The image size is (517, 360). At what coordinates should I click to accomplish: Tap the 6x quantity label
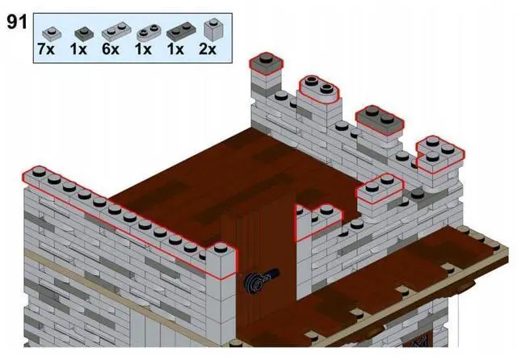(x=111, y=49)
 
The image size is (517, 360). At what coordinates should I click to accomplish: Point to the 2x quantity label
(x=208, y=49)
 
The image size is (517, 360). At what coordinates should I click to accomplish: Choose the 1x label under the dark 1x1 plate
(x=79, y=49)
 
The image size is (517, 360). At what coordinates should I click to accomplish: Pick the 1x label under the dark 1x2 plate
(x=176, y=49)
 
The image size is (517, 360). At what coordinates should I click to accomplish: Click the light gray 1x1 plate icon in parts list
(x=49, y=32)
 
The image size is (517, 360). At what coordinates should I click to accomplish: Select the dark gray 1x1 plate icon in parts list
(x=81, y=32)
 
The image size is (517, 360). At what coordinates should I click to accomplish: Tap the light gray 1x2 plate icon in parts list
(x=112, y=32)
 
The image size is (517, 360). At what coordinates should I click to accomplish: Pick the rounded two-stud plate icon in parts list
(x=146, y=32)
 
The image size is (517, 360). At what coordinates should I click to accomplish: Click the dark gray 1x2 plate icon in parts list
(x=178, y=32)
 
